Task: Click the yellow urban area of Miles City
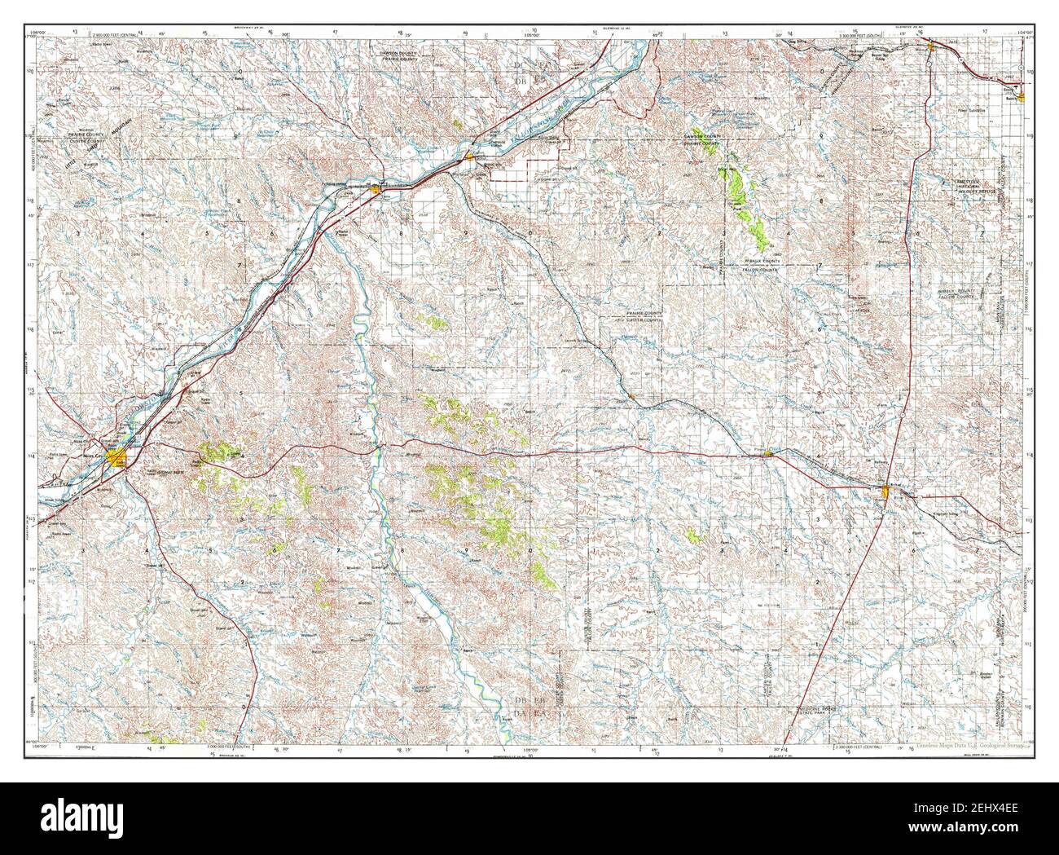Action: (x=116, y=459)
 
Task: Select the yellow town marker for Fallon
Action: (x=469, y=156)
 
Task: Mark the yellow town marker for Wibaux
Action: (x=932, y=49)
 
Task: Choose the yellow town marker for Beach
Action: (x=1020, y=97)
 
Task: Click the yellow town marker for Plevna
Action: (x=767, y=454)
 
